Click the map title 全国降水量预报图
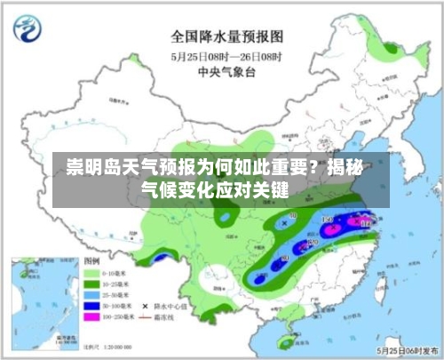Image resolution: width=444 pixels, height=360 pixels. coord(226,36)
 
